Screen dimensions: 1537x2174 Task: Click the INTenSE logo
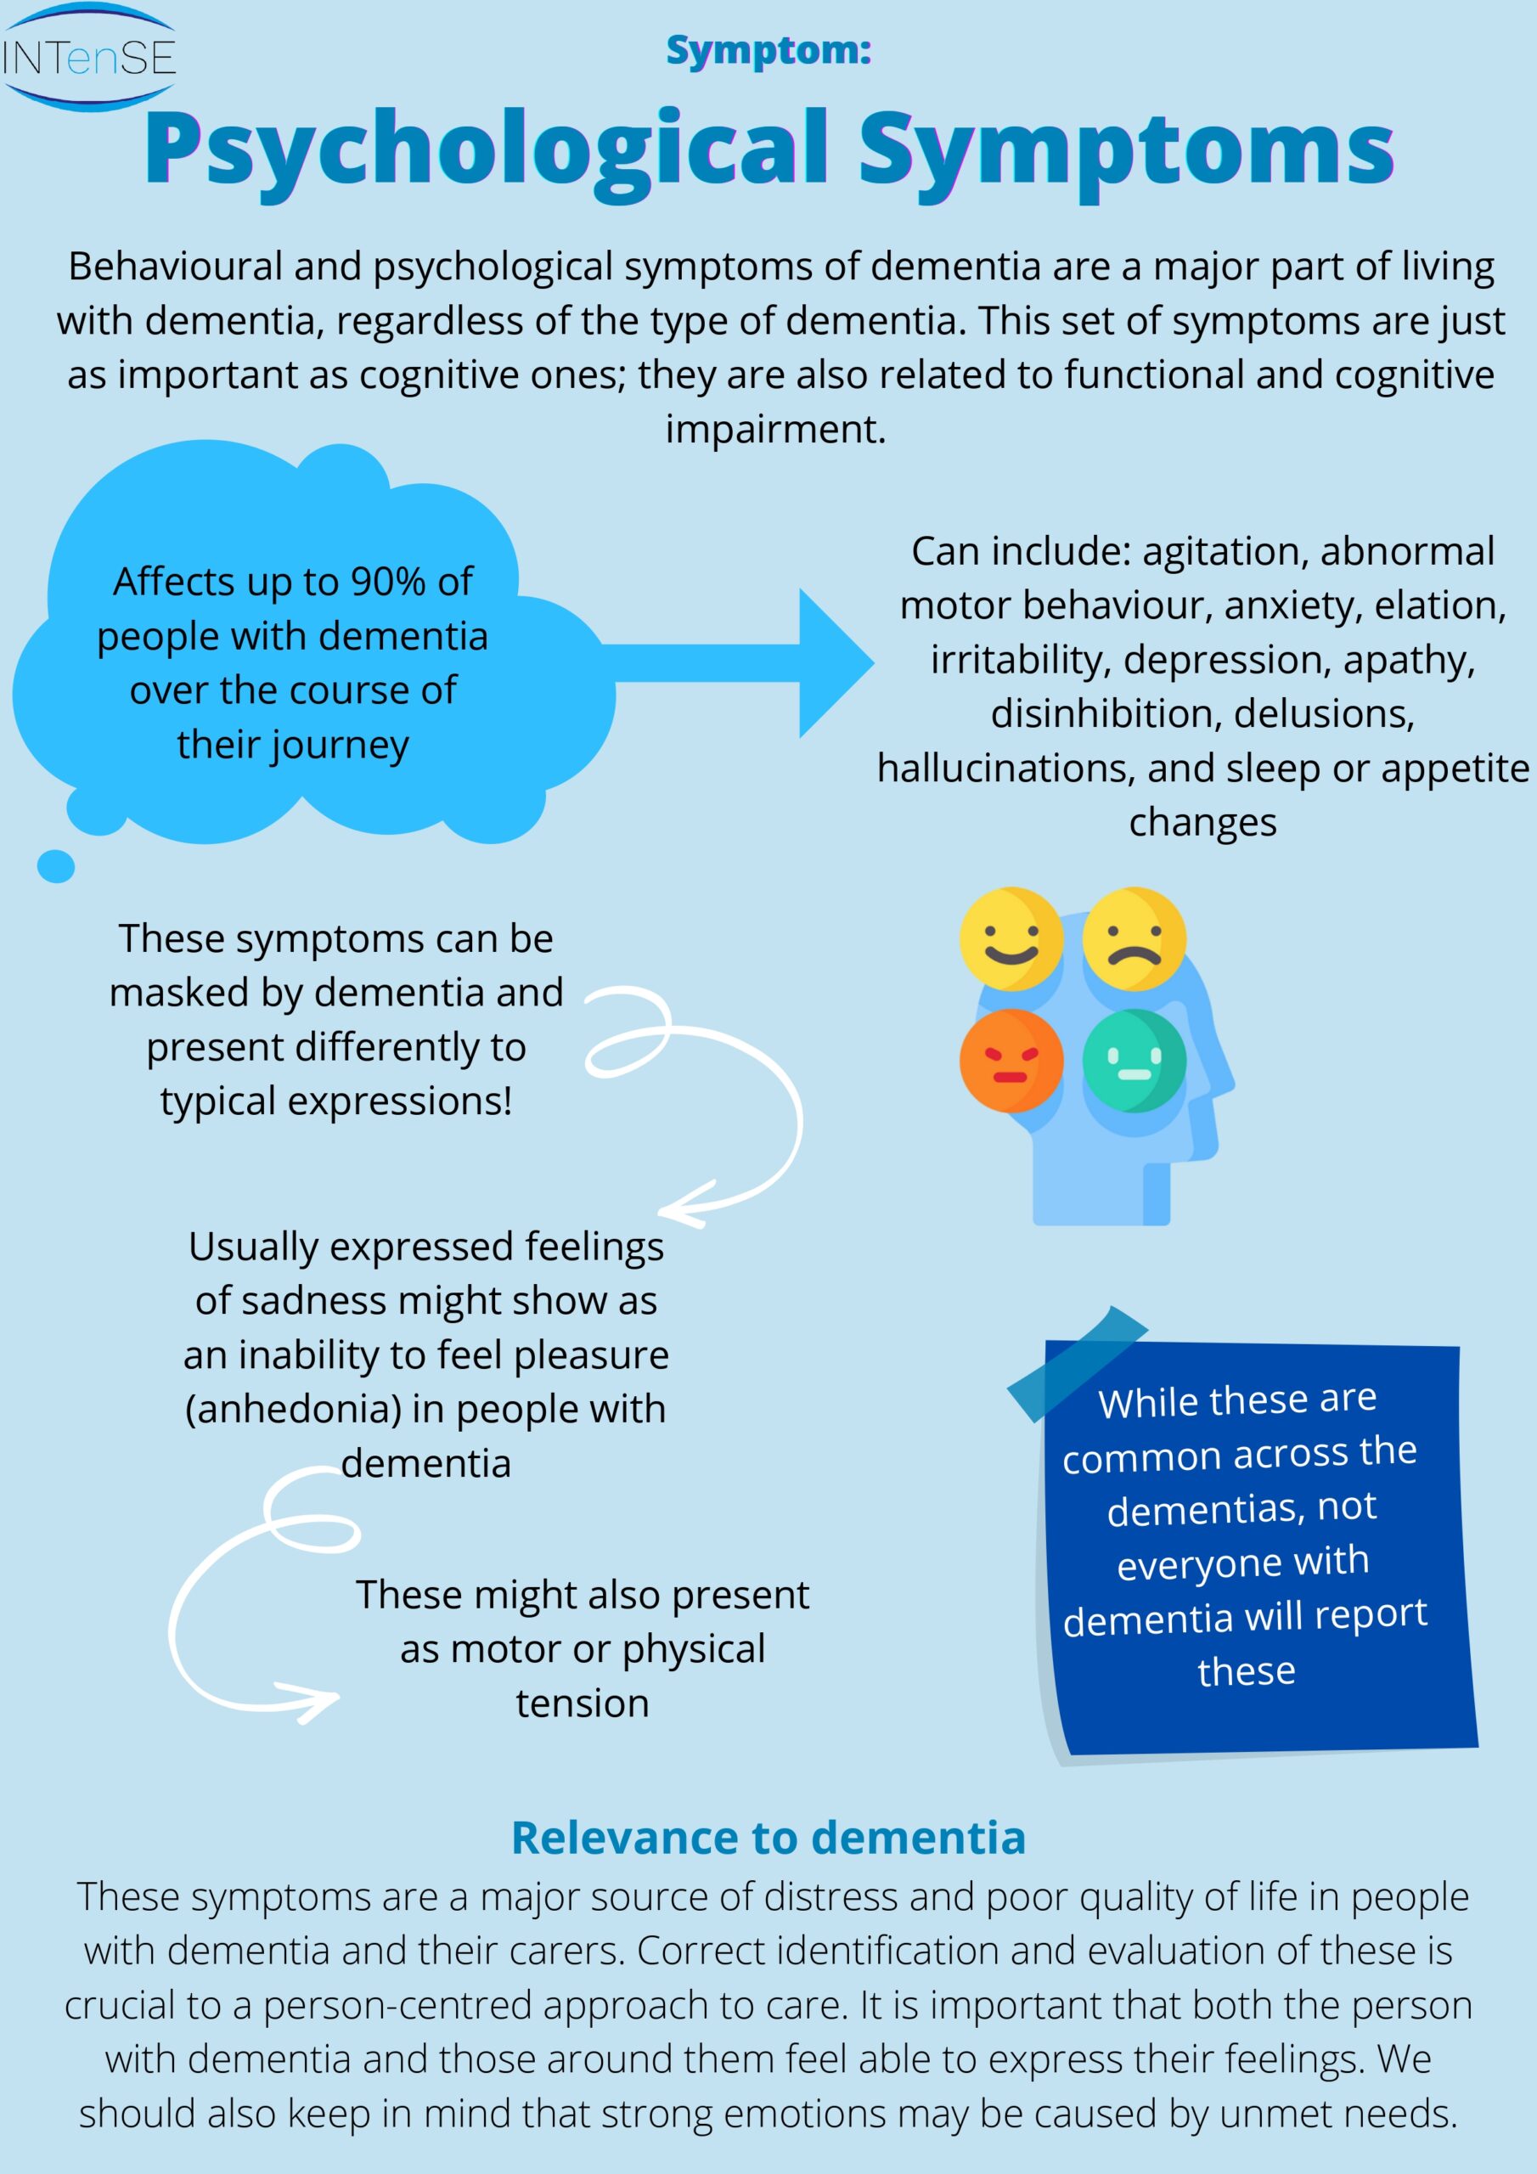coord(88,58)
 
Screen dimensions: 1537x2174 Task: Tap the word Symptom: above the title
coord(768,50)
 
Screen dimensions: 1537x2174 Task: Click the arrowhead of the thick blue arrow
coord(833,662)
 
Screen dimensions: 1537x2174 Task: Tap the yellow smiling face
coord(1011,939)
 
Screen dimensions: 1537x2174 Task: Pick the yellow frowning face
coord(1134,939)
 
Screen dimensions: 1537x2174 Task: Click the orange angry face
coord(1011,1061)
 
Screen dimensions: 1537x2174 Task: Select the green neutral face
coord(1134,1061)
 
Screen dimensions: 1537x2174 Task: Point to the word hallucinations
coord(1005,768)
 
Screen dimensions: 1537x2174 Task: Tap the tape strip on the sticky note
coord(1077,1364)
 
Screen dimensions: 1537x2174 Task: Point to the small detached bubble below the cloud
coord(56,866)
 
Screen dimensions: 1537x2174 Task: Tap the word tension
coord(583,1704)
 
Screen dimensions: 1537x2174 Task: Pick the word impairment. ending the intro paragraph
coord(775,430)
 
